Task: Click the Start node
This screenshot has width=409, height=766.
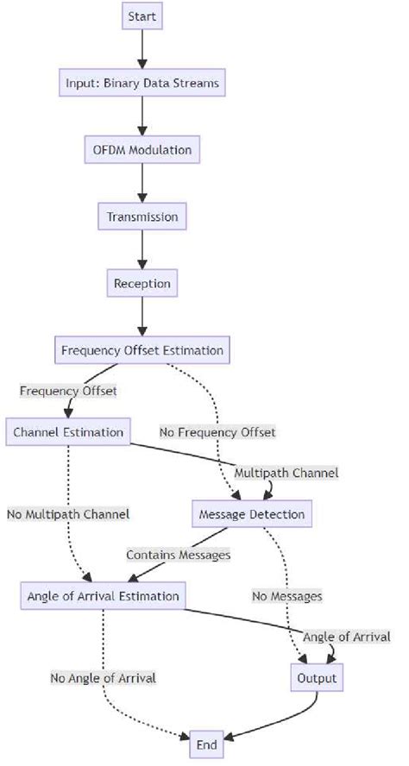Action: tap(142, 16)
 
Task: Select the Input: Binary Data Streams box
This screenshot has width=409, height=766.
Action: tap(142, 84)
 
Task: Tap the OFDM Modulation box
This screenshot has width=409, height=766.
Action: tap(142, 150)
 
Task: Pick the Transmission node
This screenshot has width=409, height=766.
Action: tap(142, 217)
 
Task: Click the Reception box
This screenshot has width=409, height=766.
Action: tap(142, 283)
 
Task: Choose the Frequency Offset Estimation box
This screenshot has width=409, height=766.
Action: tap(142, 350)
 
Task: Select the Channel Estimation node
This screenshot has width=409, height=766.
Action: tap(69, 431)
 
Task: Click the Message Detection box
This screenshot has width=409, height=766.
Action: tap(250, 514)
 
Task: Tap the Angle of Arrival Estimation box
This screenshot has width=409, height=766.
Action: tap(103, 595)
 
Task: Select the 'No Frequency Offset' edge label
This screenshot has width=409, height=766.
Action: tap(217, 431)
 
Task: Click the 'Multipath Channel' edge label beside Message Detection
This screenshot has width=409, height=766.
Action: tap(286, 473)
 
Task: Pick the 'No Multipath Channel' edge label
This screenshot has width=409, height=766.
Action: tap(68, 514)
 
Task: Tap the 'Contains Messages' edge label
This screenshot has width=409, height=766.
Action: tap(179, 555)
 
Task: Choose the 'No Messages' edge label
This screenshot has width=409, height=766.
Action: tap(287, 595)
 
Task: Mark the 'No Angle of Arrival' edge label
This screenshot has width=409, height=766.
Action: tap(103, 678)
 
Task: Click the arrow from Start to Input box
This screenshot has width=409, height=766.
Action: tap(142, 49)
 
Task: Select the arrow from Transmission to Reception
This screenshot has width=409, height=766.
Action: tap(142, 249)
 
